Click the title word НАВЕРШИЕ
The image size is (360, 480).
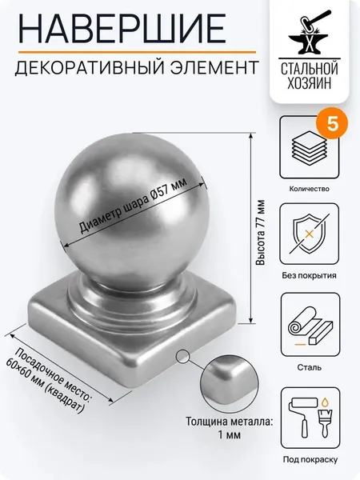pos(122,28)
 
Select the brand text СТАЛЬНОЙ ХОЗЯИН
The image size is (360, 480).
pos(309,76)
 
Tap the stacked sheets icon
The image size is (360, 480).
pos(310,147)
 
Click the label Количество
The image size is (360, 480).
pos(309,189)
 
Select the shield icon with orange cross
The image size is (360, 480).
pos(310,234)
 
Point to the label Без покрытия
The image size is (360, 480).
pos(309,275)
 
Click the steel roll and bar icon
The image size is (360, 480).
pos(310,326)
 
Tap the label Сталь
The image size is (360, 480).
pos(309,367)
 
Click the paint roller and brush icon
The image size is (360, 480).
pos(310,418)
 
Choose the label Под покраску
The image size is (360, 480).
pos(310,459)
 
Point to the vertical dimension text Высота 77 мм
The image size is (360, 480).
pos(261,233)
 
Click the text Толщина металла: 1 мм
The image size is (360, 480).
pos(230,428)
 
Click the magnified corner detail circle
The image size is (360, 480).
pos(230,385)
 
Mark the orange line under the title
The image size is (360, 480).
pos(137,52)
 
